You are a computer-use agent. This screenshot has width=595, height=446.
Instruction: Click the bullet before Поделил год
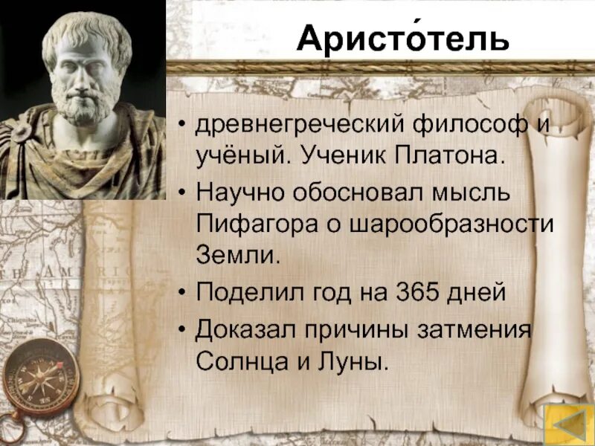pos(181,292)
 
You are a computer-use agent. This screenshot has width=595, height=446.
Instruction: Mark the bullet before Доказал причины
pos(181,329)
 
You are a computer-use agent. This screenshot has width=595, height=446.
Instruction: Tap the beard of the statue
pos(82,108)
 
